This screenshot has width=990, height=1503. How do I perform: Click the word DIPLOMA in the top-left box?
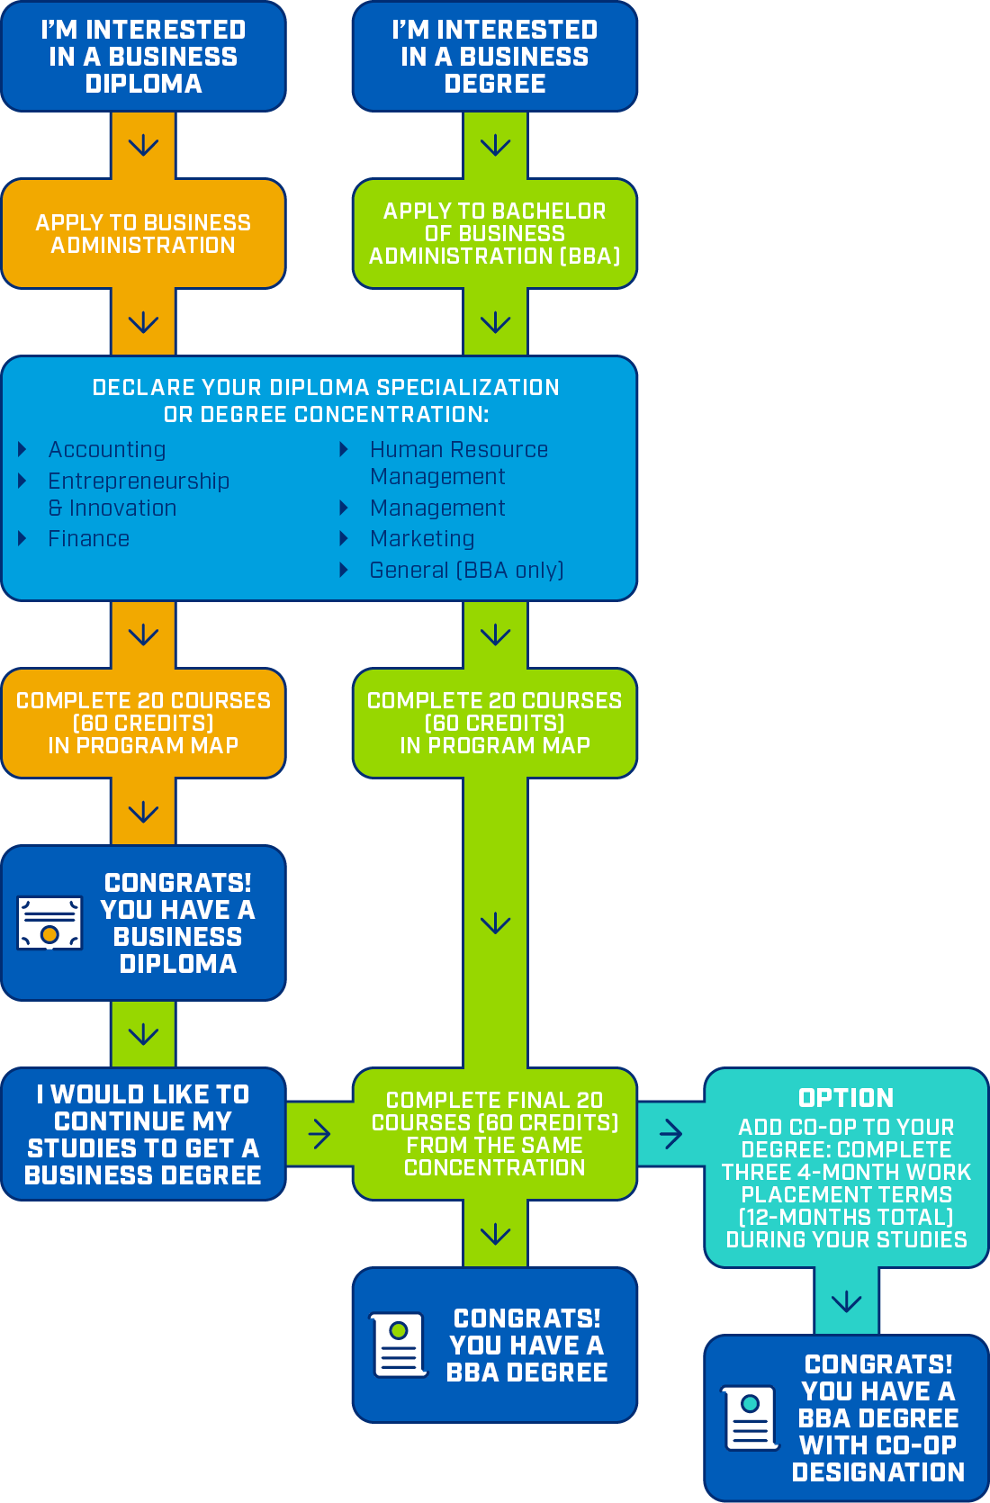point(143,84)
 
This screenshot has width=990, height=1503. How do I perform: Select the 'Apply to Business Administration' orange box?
point(143,234)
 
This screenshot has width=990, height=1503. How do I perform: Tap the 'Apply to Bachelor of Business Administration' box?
point(494,234)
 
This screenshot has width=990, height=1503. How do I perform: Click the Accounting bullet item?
point(106,449)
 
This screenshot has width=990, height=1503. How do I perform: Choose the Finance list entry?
point(88,538)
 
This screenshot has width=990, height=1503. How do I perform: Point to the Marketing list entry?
point(421,538)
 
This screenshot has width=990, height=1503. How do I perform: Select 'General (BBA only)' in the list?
point(466,570)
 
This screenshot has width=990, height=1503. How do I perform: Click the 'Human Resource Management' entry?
point(458,463)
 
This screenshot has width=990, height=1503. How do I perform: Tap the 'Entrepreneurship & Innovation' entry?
point(138,494)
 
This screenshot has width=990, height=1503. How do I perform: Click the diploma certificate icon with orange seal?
point(50,923)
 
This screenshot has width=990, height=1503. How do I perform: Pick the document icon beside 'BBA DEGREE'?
point(399,1345)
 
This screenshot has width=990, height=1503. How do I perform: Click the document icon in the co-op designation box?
point(751,1417)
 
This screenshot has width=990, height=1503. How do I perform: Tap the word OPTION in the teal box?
point(846,1098)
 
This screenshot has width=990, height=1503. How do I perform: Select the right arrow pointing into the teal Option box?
point(670,1134)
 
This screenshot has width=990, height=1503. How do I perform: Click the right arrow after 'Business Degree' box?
point(319,1134)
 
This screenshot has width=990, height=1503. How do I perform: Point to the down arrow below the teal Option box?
point(846,1301)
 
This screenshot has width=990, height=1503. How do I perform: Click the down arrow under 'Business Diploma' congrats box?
point(143,1034)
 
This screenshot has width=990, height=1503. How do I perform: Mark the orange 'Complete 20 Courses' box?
point(143,723)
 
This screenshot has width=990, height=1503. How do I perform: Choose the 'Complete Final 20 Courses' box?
point(494,1134)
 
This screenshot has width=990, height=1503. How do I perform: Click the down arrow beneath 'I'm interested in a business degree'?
point(495,145)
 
